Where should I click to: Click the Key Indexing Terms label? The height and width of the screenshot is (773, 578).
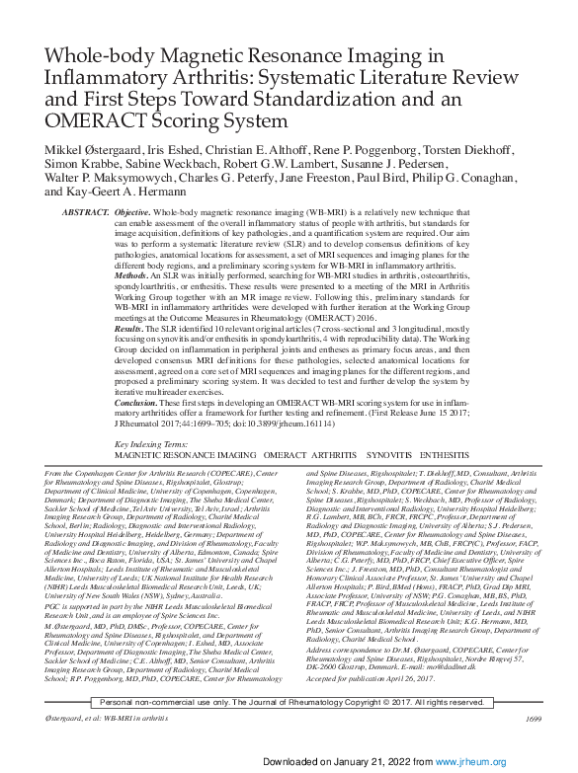point(155,445)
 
